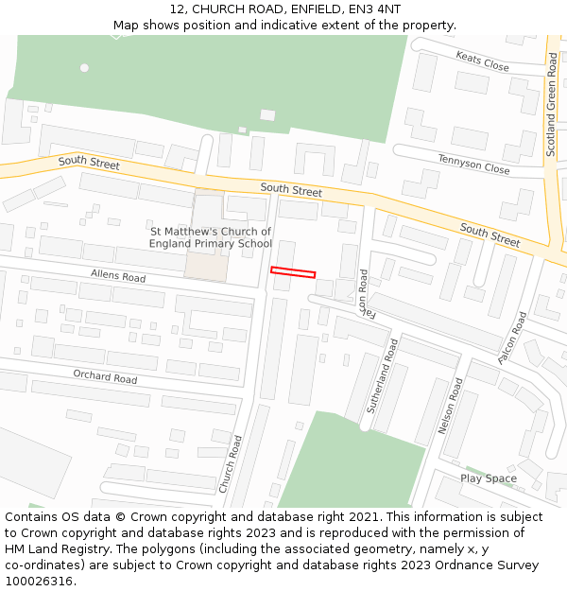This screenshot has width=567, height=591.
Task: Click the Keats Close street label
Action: (x=482, y=62)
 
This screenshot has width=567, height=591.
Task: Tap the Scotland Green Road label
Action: (x=553, y=104)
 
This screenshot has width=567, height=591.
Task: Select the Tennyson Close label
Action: (x=473, y=164)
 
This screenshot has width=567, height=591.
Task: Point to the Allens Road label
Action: (x=118, y=276)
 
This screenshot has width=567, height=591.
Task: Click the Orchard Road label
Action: (x=105, y=376)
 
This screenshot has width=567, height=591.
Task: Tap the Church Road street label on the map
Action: (x=230, y=463)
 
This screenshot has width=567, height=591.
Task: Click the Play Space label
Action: (x=488, y=478)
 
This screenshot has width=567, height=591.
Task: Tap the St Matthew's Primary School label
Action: (x=210, y=237)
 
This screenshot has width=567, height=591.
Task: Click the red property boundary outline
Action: (x=293, y=272)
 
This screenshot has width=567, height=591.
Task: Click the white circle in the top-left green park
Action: (x=84, y=67)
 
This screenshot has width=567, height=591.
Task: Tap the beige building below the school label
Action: (x=206, y=266)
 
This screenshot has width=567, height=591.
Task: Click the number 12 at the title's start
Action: (x=177, y=9)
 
